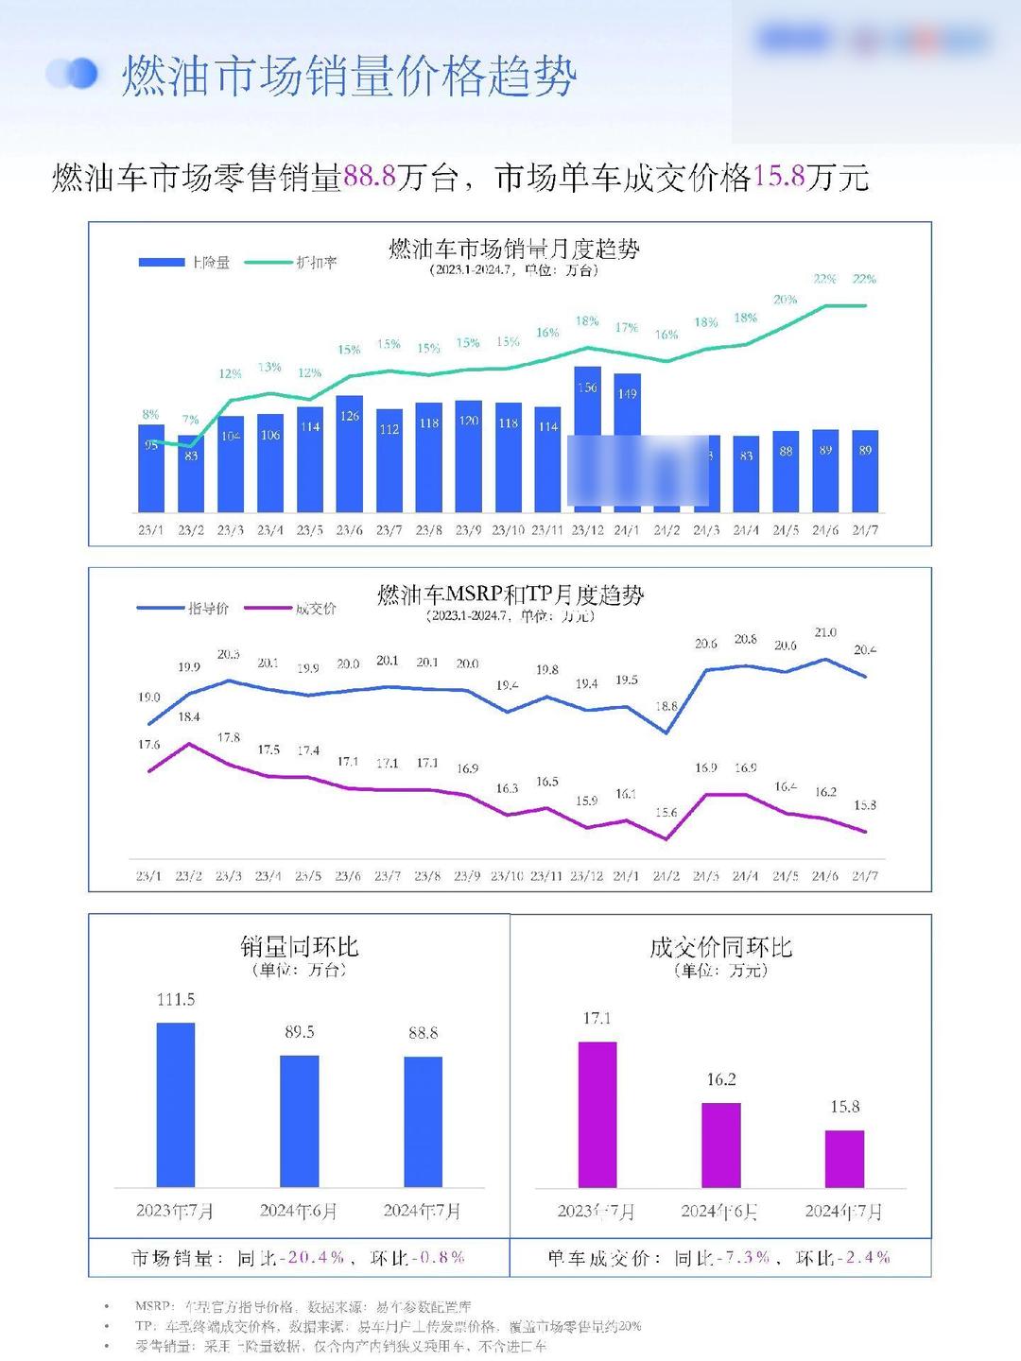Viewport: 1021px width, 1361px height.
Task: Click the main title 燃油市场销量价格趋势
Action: pos(349,76)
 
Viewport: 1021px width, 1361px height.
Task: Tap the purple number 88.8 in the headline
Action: pos(369,177)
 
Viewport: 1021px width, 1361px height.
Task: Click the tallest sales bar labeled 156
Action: pos(587,402)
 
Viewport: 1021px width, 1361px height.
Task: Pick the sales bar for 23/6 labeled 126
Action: pos(350,454)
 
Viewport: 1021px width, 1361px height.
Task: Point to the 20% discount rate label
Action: pos(785,300)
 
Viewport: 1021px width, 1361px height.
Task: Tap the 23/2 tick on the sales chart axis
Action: pos(191,530)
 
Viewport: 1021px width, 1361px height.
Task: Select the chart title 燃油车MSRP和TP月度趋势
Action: pos(510,595)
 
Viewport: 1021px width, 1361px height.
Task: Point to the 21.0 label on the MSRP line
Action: pos(825,632)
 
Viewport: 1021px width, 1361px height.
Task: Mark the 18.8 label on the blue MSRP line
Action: pos(666,706)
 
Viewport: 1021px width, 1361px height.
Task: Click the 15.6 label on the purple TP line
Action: pos(666,813)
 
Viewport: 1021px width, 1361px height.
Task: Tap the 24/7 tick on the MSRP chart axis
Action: pos(865,876)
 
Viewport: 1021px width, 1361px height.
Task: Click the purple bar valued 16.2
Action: pos(721,1145)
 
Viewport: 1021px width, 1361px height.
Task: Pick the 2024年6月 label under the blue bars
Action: pos(299,1211)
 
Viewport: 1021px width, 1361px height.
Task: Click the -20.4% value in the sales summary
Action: pos(316,1258)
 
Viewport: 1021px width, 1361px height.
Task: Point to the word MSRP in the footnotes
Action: pos(152,1306)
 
